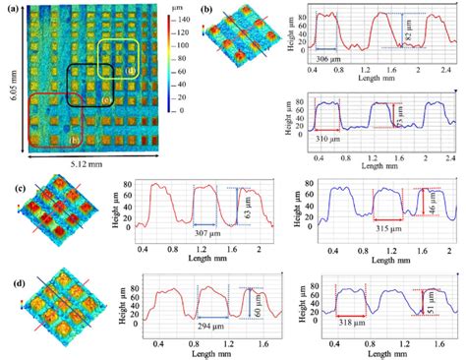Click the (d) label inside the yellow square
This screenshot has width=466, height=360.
click(130, 70)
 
